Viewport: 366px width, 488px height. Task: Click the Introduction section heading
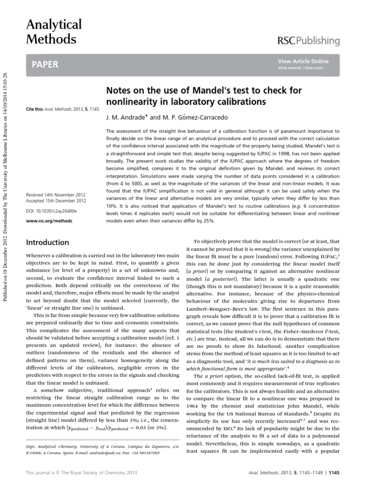[x=47, y=243]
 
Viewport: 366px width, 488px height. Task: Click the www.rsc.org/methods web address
[x=45, y=221]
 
